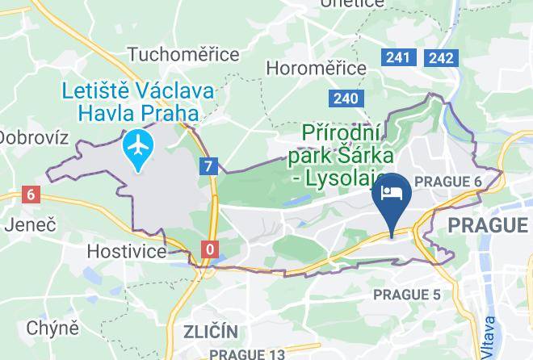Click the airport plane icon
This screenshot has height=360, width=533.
[141, 148]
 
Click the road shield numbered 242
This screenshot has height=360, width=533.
[441, 57]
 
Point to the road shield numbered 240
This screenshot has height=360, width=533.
[345, 98]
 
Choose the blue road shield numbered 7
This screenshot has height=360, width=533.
[210, 166]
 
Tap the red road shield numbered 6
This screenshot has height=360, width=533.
[31, 195]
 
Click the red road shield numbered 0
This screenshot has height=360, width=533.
[210, 249]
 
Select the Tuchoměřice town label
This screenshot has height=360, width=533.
[184, 55]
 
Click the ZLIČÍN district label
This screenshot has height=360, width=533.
[210, 332]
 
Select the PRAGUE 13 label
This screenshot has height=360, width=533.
[247, 354]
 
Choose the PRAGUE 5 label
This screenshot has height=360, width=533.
[407, 295]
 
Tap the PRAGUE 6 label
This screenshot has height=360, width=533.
[447, 182]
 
